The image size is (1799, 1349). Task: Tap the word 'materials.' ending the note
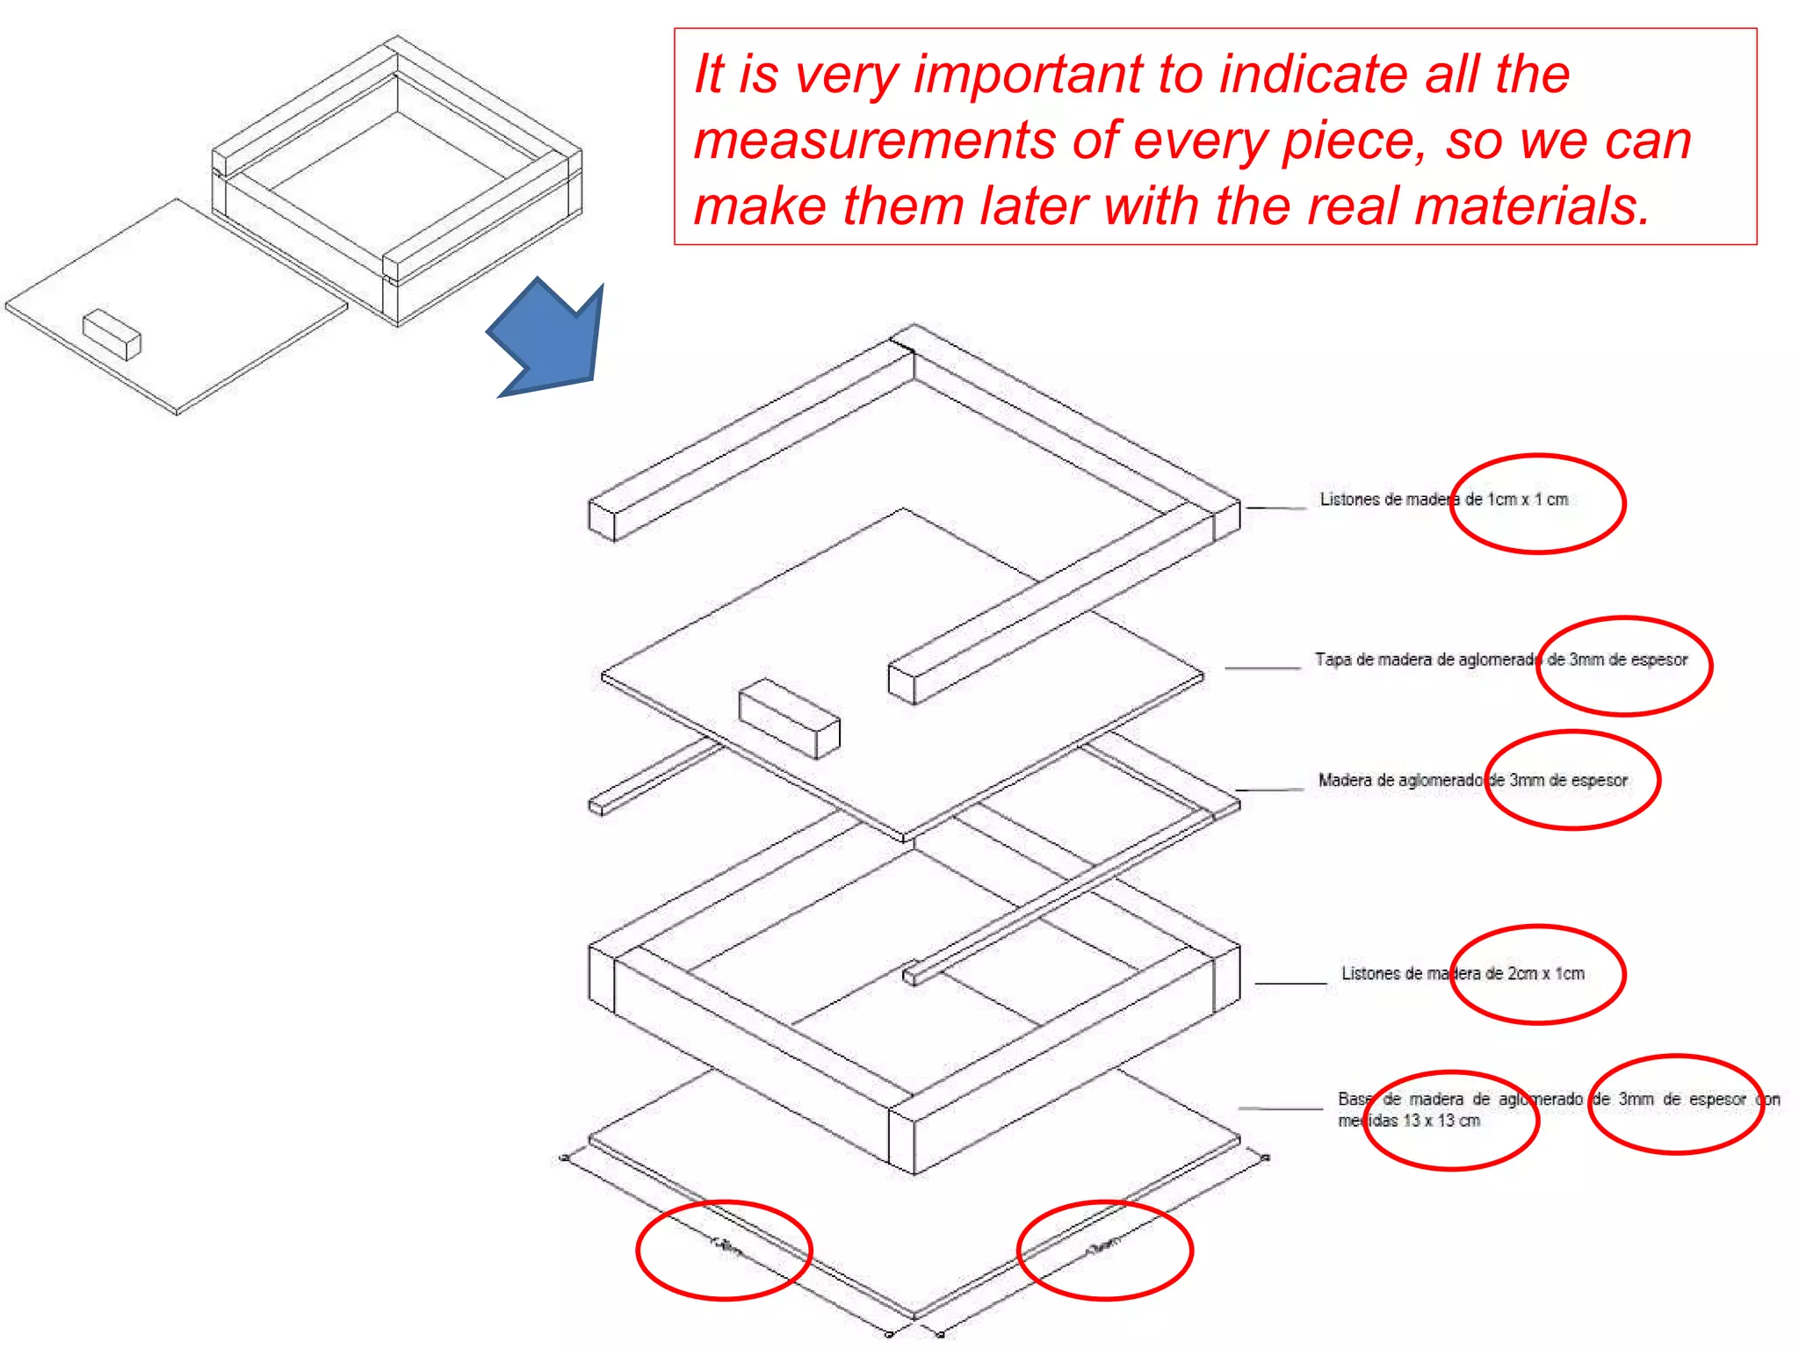[1533, 206]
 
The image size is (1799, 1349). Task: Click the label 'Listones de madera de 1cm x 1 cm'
[1443, 500]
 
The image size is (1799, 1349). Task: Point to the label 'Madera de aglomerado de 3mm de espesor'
[1472, 780]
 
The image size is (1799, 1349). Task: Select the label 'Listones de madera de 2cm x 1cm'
[1463, 973]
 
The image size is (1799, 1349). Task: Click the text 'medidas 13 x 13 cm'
[1408, 1121]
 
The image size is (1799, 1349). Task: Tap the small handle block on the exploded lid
[789, 718]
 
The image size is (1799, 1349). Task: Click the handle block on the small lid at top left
[112, 334]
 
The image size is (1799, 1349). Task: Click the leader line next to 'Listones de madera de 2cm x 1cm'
[1290, 984]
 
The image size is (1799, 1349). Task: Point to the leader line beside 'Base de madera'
[1280, 1109]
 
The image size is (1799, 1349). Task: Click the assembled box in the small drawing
[397, 180]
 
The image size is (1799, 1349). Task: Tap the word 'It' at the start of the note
[709, 74]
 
